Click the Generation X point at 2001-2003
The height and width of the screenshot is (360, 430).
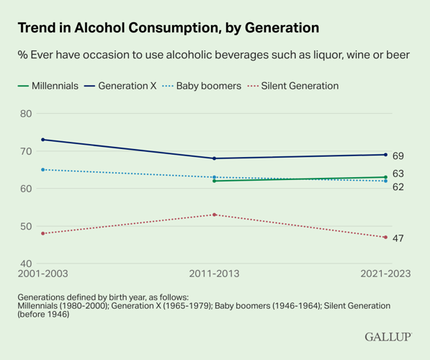point(42,140)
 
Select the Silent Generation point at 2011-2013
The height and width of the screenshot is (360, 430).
point(214,215)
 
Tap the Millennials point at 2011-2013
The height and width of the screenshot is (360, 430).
point(214,181)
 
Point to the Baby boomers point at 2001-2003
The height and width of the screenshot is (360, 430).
point(42,170)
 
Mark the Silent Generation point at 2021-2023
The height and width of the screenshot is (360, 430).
point(385,237)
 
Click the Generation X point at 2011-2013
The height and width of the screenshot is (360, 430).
point(214,158)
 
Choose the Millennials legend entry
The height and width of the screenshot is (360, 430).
point(48,86)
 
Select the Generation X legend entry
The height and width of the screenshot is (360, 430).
point(120,86)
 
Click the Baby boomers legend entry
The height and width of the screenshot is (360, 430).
point(202,86)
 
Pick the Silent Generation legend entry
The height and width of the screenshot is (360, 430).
point(293,86)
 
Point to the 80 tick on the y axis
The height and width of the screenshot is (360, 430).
point(26,114)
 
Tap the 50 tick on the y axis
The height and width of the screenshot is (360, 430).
point(26,226)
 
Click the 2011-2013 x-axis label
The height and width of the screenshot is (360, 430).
point(214,274)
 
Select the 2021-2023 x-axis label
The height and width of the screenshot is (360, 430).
point(385,274)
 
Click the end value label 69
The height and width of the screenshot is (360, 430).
point(398,156)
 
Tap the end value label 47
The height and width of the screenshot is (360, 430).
point(398,238)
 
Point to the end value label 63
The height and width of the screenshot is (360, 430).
point(398,174)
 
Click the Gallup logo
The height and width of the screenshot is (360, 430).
point(388,337)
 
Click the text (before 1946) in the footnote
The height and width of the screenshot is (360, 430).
point(43,314)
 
